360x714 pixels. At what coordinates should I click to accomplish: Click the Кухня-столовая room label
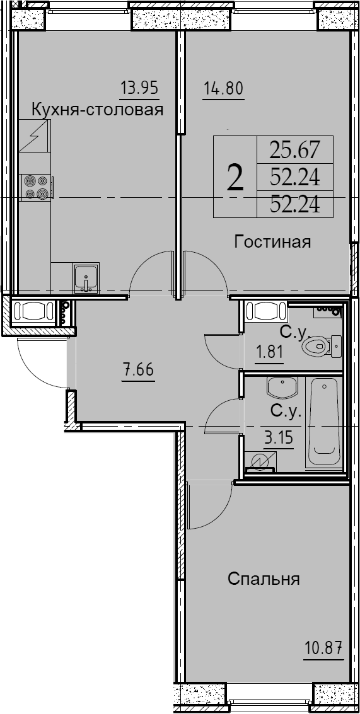point(98,109)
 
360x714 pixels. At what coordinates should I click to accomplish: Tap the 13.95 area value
point(139,86)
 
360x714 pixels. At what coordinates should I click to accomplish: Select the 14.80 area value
point(223,86)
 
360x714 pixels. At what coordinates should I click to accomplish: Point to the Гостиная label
point(272,242)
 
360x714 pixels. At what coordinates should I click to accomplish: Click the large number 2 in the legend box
point(235,178)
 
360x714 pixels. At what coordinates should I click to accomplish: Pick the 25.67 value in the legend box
point(295,150)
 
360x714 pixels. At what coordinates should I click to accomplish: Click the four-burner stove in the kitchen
point(37,187)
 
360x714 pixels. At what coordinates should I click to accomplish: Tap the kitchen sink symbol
point(84,278)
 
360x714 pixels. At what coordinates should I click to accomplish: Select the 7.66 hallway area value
point(137,369)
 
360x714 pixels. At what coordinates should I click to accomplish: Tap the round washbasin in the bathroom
point(283,388)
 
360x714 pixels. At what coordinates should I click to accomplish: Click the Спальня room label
point(264,579)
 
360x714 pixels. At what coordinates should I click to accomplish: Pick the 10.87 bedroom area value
point(323,647)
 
